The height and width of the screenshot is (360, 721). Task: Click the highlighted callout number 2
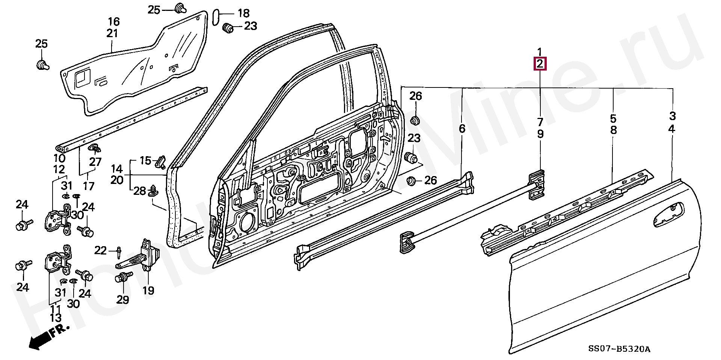pos(540,64)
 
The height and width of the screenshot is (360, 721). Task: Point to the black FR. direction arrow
pos(48,337)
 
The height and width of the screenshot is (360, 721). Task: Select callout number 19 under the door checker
pos(148,290)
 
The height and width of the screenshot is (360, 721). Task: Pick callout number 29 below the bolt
pos(123,299)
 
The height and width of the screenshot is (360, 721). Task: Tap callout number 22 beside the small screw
pos(100,250)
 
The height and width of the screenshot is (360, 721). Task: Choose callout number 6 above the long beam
pos(462,128)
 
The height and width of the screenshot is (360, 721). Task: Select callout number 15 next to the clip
pos(145,161)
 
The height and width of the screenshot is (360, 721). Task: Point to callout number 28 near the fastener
pos(139,191)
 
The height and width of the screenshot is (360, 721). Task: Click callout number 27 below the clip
pos(96,162)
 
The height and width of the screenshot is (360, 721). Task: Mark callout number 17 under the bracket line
pos(89,185)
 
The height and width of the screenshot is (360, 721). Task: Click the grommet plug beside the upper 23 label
pos(228,27)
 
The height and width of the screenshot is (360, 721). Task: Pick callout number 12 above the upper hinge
pos(59,169)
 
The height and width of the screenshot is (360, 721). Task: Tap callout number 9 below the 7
pos(540,134)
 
